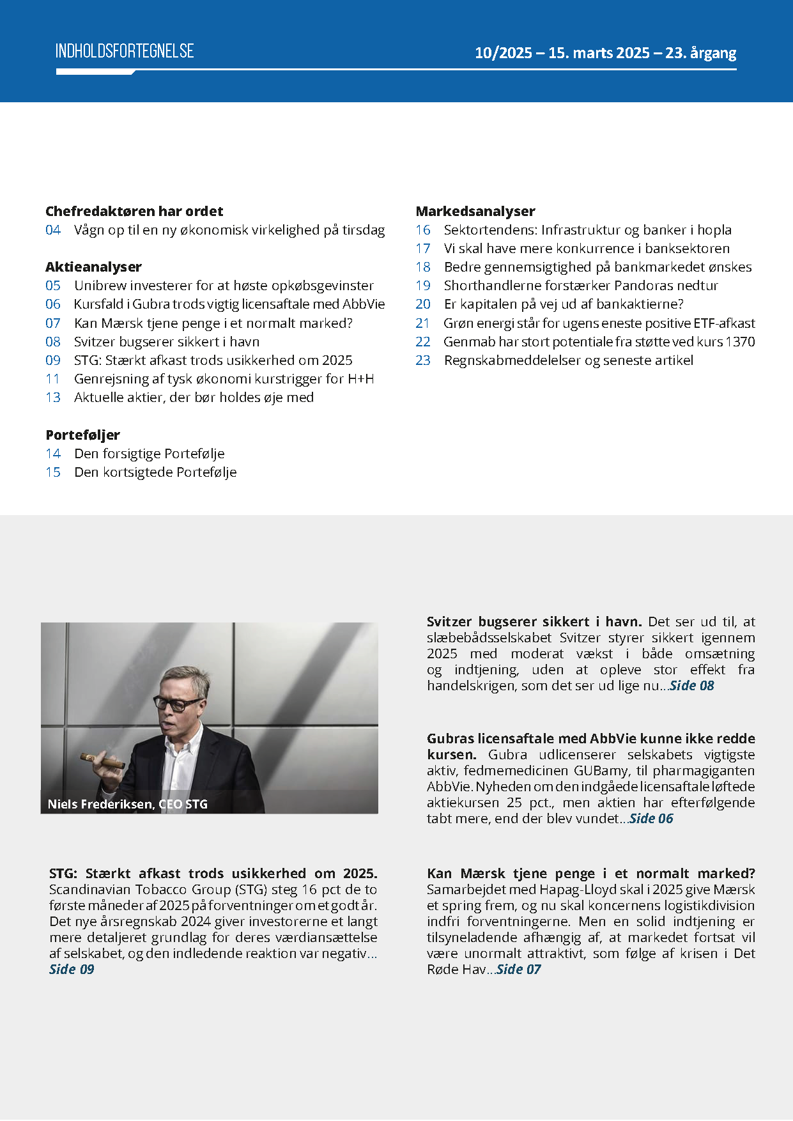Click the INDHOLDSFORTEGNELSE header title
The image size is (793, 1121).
(125, 51)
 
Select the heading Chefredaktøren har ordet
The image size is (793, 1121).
(134, 211)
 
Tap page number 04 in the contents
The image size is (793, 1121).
(53, 230)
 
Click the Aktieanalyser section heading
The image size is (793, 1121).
(93, 267)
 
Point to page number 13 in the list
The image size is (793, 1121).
(53, 398)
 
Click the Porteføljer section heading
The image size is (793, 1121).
(82, 435)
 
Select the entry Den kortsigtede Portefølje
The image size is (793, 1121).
(155, 472)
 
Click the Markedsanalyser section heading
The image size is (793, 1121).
(475, 211)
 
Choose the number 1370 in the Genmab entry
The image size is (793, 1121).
(740, 342)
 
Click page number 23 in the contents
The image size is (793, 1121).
(423, 360)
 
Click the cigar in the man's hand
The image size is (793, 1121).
(102, 761)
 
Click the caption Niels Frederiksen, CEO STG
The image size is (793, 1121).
(128, 804)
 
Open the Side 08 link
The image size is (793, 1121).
(691, 686)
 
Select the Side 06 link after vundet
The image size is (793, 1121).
(651, 819)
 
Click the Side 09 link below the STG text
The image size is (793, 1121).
(72, 970)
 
